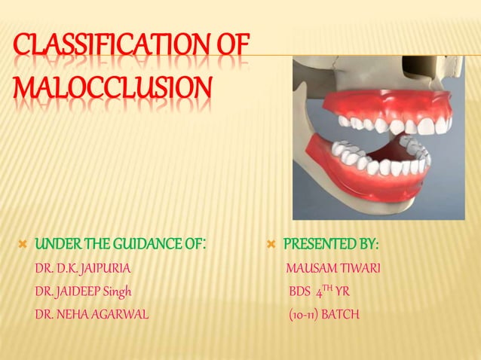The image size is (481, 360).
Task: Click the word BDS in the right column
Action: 300,291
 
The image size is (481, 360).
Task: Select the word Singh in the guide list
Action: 124,291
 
